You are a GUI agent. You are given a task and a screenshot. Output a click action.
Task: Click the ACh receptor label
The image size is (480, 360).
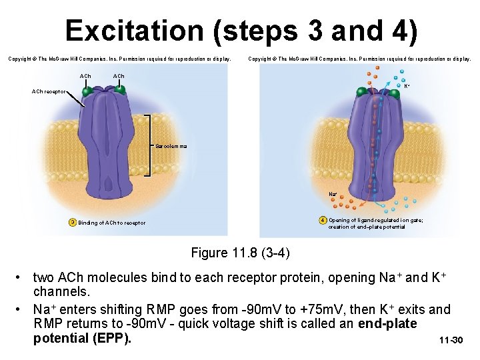coord(50,91)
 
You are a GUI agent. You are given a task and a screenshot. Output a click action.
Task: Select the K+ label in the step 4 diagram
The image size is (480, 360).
coord(407,86)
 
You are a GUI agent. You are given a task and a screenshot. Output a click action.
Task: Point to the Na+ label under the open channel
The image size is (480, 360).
coord(332,194)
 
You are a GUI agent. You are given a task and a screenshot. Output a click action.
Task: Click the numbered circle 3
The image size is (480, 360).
coord(72,223)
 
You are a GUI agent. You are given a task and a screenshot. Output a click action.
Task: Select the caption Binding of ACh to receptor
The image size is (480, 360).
coord(111,223)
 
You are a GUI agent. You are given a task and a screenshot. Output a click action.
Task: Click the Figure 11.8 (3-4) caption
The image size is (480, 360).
coord(240,253)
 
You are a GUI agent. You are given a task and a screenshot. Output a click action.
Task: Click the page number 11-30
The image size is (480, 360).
coord(451,341)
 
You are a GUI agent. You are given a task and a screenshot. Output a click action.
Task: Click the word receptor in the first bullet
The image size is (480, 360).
coord(265,277)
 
